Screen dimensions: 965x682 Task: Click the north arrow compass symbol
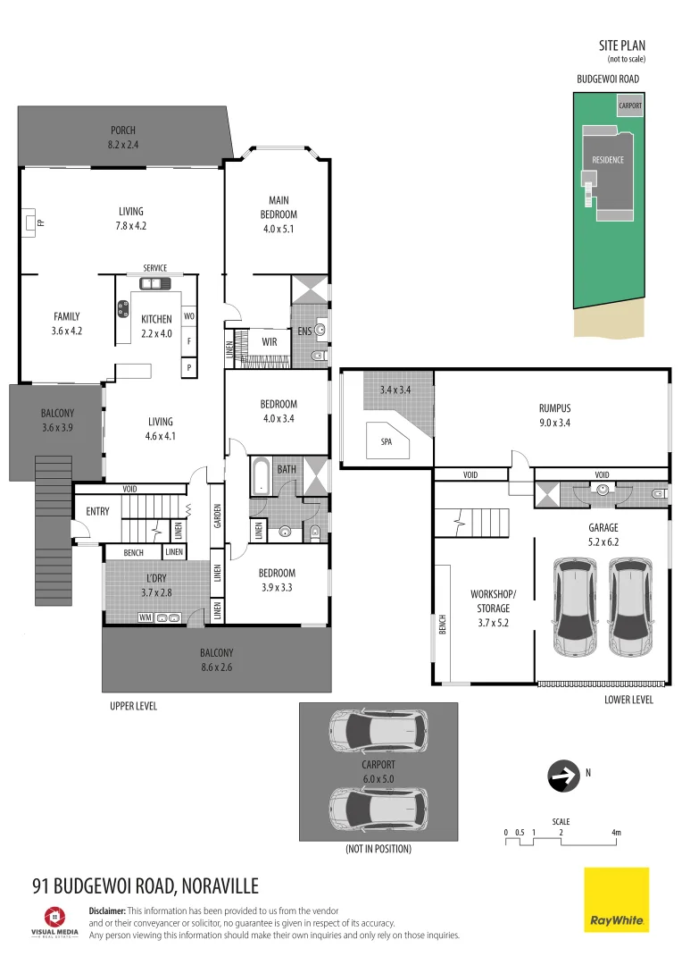[x=562, y=776]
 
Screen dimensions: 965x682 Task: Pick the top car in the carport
[x=378, y=732]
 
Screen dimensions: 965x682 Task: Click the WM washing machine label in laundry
[x=145, y=617]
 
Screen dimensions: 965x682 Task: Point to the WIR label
[x=268, y=341]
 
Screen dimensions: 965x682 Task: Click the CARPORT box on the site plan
[x=629, y=105]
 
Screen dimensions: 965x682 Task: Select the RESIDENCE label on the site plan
[x=608, y=160]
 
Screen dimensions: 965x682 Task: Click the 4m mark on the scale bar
[x=616, y=833]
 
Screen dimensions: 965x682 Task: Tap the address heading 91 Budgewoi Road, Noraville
[x=145, y=885]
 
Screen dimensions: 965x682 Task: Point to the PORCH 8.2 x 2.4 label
[x=123, y=136]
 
